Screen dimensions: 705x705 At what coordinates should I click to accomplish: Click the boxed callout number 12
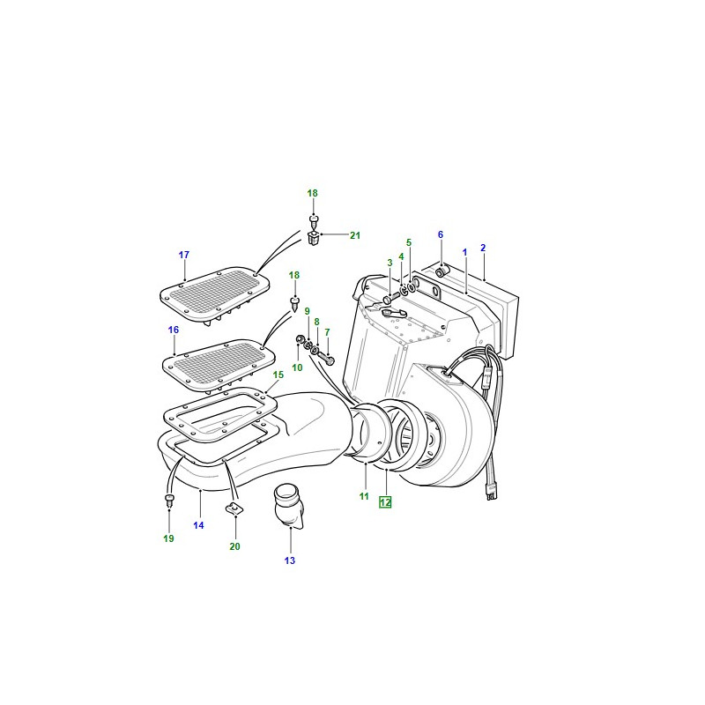coord(385,501)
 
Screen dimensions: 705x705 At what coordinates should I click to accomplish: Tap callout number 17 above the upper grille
coord(184,255)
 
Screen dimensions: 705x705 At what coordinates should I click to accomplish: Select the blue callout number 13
coord(290,560)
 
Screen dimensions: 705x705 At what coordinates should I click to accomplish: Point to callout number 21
coord(355,235)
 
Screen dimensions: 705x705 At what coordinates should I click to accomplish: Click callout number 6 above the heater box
coord(441,234)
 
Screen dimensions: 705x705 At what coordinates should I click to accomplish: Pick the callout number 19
coord(168,538)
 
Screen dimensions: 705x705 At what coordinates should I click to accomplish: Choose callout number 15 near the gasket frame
coord(278,375)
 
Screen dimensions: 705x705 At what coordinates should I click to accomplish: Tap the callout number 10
coord(297,367)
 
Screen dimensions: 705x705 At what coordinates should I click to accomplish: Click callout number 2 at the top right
coord(483,248)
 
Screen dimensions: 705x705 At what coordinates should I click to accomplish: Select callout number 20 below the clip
coord(234,546)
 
